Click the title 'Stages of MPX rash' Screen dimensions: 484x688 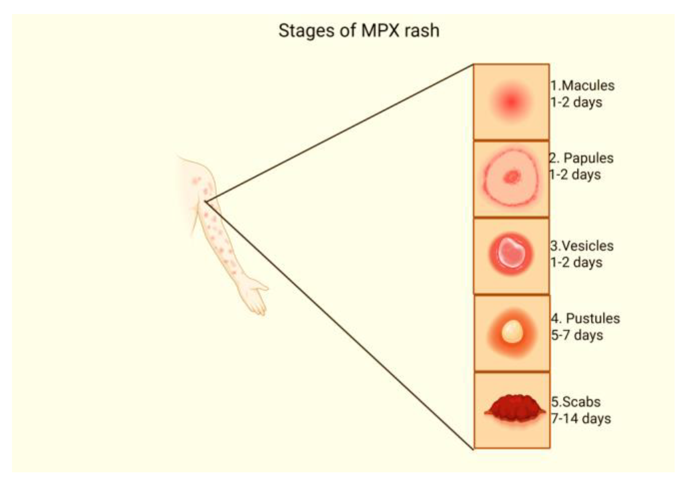coord(359,31)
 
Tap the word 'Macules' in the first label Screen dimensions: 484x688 coord(588,86)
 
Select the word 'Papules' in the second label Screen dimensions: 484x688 coord(588,158)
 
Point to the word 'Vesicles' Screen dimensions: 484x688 coord(587,246)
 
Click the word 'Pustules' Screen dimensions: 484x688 coord(593,318)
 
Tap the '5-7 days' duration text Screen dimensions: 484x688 coord(577,335)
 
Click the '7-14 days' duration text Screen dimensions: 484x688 coord(581,419)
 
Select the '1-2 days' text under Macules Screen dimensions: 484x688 coord(576,102)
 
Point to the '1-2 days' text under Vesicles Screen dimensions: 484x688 coord(576,262)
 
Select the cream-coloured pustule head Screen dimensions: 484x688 coord(512,331)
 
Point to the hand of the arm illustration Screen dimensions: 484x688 coord(255,295)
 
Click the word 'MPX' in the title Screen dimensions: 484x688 coord(380,31)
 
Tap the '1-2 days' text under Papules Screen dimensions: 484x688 coord(575,175)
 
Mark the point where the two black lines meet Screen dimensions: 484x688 coord(206,201)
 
